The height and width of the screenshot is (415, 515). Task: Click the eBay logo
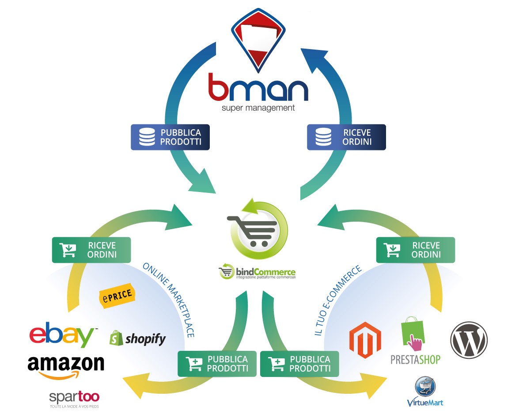point(62,336)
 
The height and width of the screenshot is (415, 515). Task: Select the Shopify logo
point(138,339)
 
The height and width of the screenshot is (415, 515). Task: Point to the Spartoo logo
point(74,397)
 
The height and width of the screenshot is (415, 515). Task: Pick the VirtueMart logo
point(425,392)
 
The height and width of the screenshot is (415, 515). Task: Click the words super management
point(258,108)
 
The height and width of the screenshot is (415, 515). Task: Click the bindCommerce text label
point(265,272)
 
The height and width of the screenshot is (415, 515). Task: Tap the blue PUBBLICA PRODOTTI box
point(170,137)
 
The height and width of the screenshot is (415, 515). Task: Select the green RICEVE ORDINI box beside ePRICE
point(91,250)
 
